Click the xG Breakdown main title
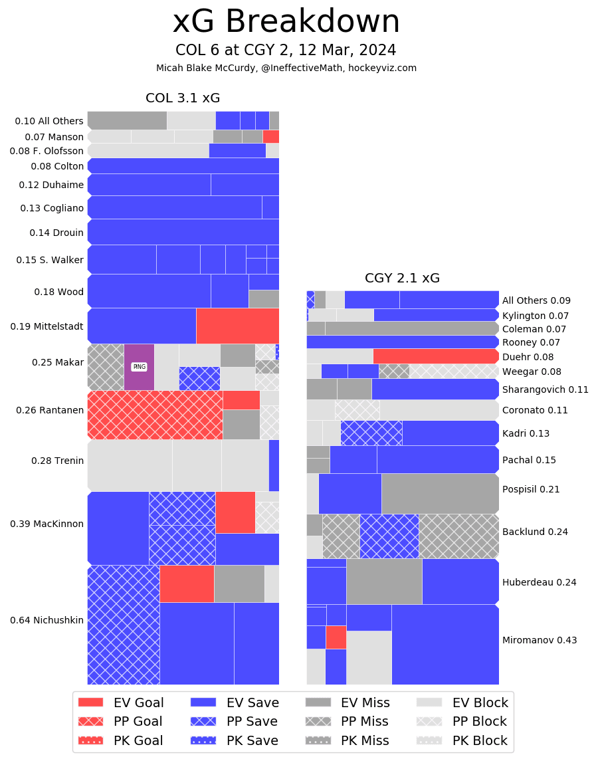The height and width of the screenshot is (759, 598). (286, 23)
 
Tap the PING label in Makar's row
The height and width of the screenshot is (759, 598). (139, 366)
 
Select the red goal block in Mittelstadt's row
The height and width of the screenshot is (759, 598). (237, 326)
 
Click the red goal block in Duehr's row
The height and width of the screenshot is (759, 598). (435, 356)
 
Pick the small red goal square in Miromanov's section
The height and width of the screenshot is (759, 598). (336, 637)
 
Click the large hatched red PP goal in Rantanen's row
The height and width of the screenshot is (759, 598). (155, 415)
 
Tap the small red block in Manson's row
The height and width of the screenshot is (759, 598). (270, 136)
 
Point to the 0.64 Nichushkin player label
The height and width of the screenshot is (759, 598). (47, 620)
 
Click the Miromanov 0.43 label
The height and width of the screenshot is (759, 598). (540, 640)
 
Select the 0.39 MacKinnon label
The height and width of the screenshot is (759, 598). (47, 524)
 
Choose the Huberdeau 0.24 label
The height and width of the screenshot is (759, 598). (540, 582)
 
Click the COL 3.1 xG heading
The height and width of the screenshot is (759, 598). (183, 98)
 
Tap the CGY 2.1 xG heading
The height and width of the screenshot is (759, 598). (402, 278)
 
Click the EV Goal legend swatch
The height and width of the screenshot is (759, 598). (91, 703)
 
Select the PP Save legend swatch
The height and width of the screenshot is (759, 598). (203, 721)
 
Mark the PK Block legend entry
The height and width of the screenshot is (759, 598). (462, 740)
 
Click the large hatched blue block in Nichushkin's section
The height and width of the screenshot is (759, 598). (124, 625)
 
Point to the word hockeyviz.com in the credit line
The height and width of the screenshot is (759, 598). (387, 68)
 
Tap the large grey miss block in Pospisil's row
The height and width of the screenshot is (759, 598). (440, 494)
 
